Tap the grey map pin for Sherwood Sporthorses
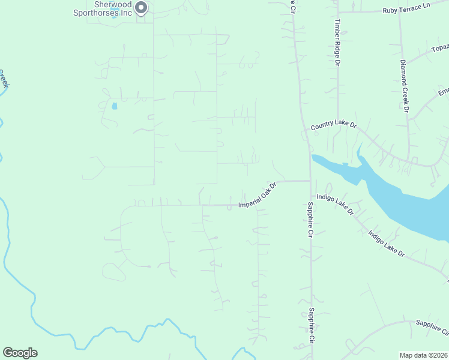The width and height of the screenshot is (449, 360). (142, 8)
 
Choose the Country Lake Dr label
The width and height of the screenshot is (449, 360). (334, 126)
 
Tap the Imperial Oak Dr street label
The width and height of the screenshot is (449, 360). (256, 196)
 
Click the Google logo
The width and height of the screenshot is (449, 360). (20, 353)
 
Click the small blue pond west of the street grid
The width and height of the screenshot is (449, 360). (114, 106)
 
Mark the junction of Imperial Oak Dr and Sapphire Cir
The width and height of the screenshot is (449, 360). (310, 181)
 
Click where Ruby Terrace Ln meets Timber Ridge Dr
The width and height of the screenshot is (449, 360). (337, 11)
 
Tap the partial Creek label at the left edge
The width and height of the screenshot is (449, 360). (4, 79)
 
